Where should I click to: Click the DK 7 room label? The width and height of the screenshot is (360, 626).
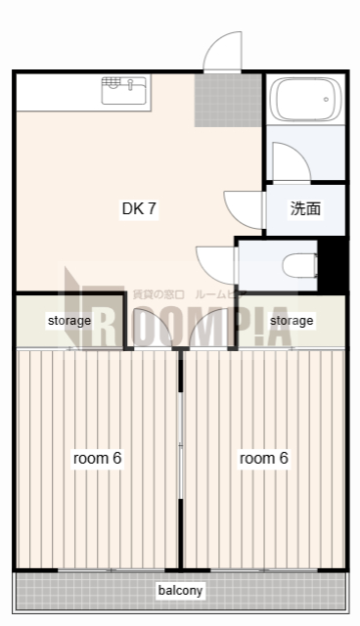[139, 208]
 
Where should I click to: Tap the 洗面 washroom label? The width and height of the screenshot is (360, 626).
[305, 208]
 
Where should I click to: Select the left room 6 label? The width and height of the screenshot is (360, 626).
[98, 458]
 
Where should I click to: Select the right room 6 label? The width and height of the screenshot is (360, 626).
[264, 458]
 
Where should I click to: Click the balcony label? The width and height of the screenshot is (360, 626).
[180, 591]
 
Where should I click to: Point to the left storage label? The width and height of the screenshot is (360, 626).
[69, 320]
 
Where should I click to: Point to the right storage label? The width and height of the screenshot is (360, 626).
[292, 320]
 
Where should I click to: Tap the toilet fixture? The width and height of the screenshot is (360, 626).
[299, 264]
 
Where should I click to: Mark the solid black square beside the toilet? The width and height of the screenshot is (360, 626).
[334, 264]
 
